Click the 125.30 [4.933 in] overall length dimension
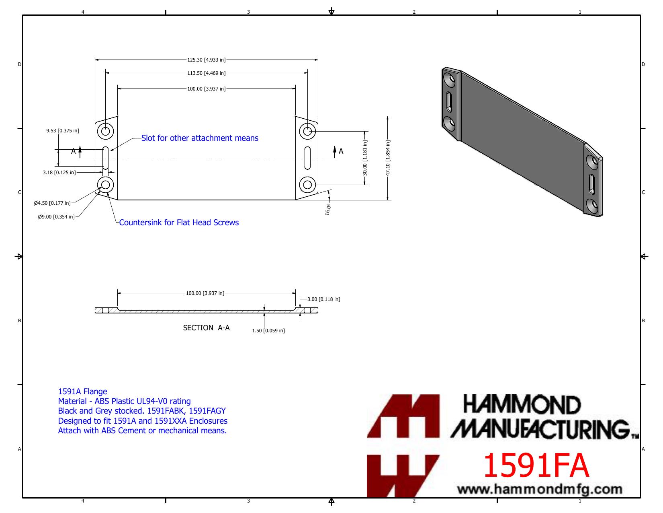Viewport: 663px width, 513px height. click(206, 60)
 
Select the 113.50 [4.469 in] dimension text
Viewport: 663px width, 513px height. click(206, 73)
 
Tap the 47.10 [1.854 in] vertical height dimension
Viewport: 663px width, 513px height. click(387, 158)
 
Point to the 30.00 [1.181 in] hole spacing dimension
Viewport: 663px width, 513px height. click(364, 158)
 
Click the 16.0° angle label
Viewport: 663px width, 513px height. click(328, 210)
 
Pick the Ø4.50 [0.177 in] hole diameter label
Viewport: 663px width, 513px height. click(52, 203)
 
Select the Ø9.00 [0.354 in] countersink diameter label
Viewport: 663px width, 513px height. click(56, 216)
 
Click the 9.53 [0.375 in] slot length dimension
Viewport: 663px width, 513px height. click(63, 130)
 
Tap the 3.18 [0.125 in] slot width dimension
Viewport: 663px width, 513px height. click(59, 172)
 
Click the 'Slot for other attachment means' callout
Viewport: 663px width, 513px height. click(200, 138)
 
